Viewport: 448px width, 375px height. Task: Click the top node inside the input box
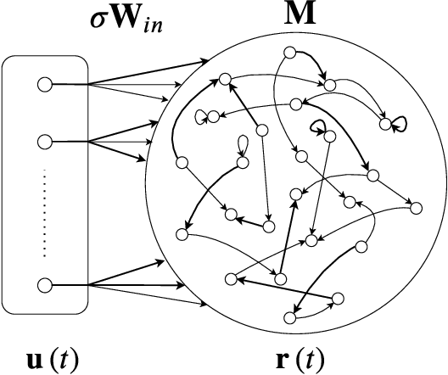pos(44,84)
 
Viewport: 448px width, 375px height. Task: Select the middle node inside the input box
pos(44,141)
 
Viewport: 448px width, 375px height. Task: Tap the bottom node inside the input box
pos(44,284)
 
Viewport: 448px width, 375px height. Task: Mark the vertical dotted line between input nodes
pos(44,212)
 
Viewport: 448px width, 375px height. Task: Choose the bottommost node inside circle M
pos(288,318)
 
